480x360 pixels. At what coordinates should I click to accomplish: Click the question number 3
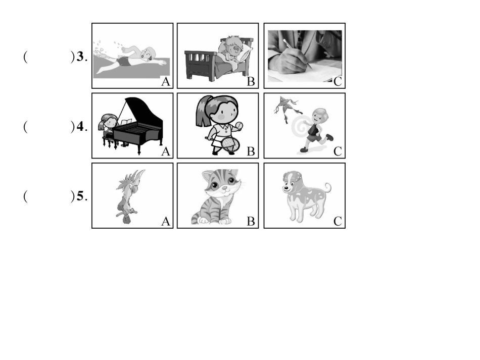(80, 57)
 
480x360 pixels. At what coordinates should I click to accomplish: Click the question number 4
(80, 126)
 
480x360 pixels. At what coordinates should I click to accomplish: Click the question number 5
(80, 196)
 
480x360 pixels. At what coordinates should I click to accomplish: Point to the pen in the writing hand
(297, 54)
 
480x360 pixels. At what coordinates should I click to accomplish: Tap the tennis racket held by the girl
(229, 144)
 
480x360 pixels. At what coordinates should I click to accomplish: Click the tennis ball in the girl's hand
(239, 125)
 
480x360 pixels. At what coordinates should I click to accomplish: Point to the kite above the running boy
(286, 107)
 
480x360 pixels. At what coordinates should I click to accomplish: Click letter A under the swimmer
(165, 82)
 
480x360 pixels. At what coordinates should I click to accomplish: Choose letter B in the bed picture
(251, 82)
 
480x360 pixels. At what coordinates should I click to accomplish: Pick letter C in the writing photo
(338, 82)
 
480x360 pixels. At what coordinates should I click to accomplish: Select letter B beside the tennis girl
(251, 151)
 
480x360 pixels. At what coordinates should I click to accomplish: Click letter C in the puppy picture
(338, 221)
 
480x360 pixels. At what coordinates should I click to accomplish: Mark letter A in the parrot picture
(165, 221)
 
